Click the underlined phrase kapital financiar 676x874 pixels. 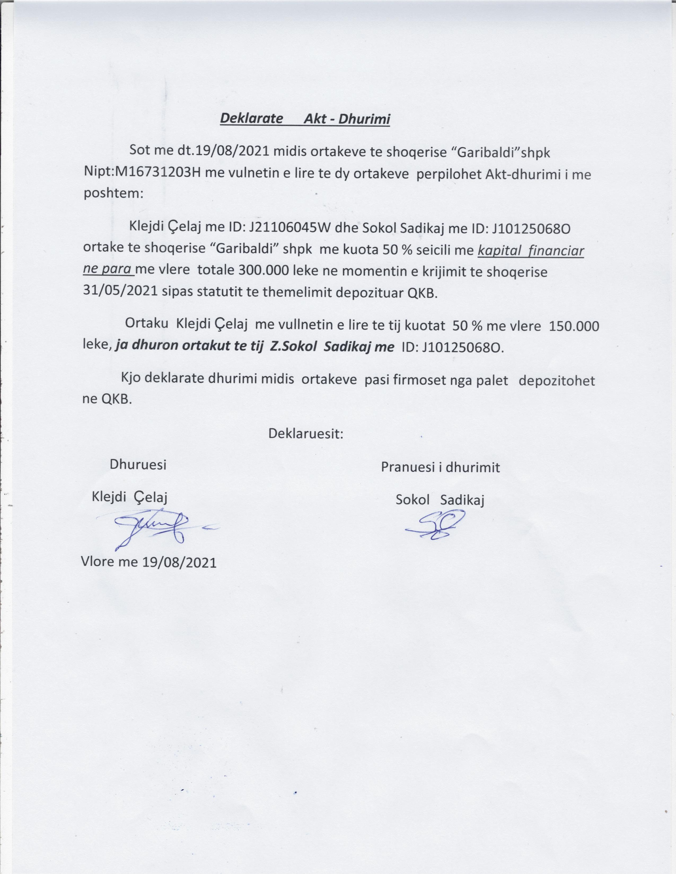531,251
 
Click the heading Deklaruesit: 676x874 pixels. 306,433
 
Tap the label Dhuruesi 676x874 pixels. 138,465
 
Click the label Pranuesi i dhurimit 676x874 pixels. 440,467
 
